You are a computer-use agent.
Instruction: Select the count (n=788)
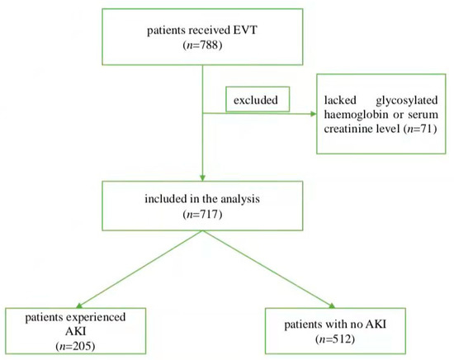tap(203, 48)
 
